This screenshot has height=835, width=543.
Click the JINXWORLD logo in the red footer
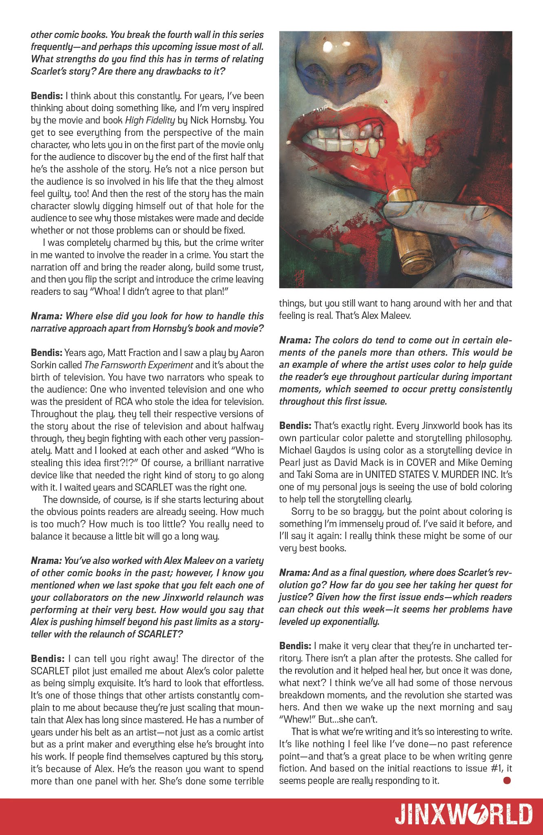pos(464,815)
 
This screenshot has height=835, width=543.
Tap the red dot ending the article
pos(507,781)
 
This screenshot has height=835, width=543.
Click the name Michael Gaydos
pos(312,450)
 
